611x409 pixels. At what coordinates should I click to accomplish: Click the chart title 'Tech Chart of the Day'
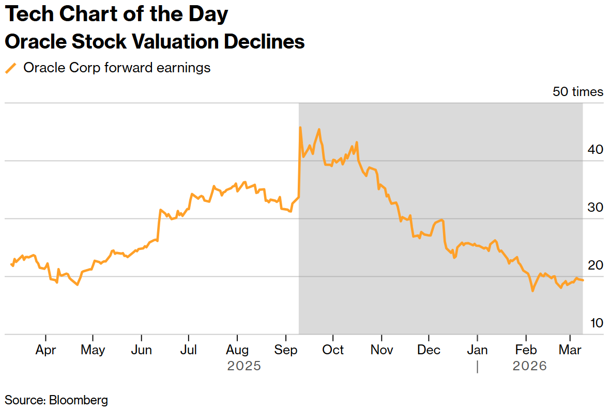pyautogui.click(x=116, y=14)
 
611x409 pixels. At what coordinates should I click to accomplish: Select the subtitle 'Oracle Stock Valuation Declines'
pyautogui.click(x=155, y=42)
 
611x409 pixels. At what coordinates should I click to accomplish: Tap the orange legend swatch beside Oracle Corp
pyautogui.click(x=10, y=68)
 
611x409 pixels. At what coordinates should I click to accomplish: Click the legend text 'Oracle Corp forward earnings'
pyautogui.click(x=117, y=68)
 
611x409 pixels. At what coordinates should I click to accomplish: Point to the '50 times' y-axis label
pyautogui.click(x=577, y=92)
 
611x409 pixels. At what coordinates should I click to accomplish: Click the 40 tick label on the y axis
pyautogui.click(x=595, y=150)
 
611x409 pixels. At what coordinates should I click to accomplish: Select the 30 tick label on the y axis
pyautogui.click(x=595, y=208)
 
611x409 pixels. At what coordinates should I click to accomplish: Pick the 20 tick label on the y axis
pyautogui.click(x=595, y=265)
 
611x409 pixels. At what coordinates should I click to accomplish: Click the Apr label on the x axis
pyautogui.click(x=45, y=350)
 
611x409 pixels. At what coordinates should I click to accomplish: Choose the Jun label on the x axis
pyautogui.click(x=141, y=350)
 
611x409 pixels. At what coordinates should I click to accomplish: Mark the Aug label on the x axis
pyautogui.click(x=237, y=350)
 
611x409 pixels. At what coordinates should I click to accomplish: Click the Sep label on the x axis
pyautogui.click(x=286, y=350)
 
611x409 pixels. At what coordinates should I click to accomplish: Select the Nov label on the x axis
pyautogui.click(x=381, y=350)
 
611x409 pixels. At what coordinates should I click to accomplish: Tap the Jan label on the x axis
pyautogui.click(x=477, y=350)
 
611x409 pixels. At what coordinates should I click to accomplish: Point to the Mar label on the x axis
pyautogui.click(x=570, y=350)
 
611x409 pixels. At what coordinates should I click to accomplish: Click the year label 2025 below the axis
pyautogui.click(x=244, y=366)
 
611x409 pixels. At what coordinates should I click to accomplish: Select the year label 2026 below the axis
pyautogui.click(x=529, y=366)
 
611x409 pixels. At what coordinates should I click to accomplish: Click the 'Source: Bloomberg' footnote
pyautogui.click(x=56, y=400)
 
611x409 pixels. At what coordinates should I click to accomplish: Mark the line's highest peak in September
pyautogui.click(x=300, y=127)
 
